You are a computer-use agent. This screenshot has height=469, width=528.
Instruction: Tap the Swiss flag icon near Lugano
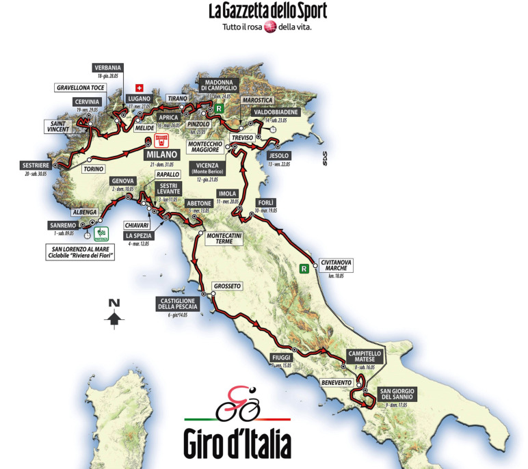pyautogui.click(x=140, y=88)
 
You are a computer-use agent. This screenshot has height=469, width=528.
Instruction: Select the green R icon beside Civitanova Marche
pyautogui.click(x=304, y=269)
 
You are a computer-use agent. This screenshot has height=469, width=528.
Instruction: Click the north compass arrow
pyautogui.click(x=114, y=317)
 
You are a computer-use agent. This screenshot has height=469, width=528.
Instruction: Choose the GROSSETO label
pyautogui.click(x=228, y=286)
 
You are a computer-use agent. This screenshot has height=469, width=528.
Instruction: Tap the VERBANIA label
pyautogui.click(x=109, y=67)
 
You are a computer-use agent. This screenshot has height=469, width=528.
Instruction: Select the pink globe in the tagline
pyautogui.click(x=270, y=27)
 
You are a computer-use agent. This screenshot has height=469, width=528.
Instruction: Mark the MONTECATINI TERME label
pyautogui.click(x=220, y=237)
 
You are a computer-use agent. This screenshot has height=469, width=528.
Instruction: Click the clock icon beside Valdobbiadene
pyautogui.click(x=273, y=129)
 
